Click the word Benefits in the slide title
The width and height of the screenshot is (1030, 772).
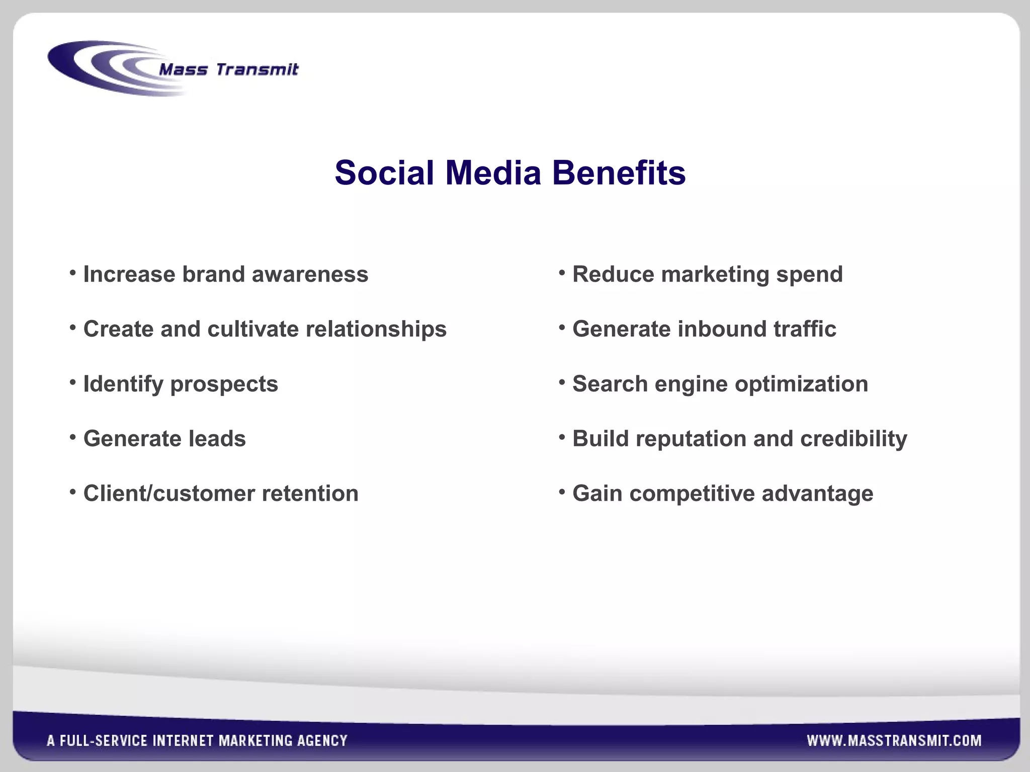[619, 173]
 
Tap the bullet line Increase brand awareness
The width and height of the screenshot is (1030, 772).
[225, 274]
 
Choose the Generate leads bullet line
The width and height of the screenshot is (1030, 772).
[164, 439]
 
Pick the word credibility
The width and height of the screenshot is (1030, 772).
[853, 439]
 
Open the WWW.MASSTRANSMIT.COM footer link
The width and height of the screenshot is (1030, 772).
[894, 740]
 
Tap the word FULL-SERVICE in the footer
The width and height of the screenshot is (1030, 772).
[104, 740]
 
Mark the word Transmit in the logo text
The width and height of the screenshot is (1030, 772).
[257, 69]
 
